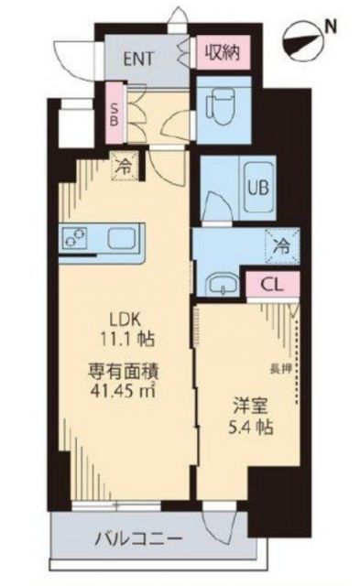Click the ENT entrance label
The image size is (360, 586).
[x=140, y=58]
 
